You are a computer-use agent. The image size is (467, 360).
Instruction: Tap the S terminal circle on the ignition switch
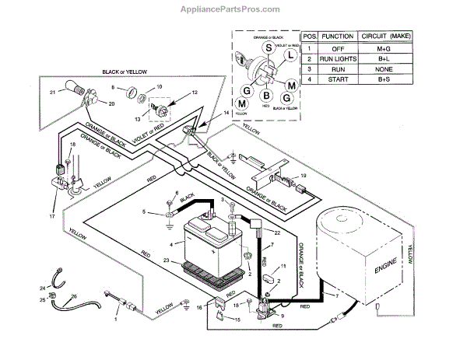[x=269, y=48]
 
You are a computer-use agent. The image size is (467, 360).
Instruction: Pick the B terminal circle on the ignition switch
[x=266, y=96]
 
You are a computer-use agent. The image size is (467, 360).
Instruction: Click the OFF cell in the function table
[x=337, y=48]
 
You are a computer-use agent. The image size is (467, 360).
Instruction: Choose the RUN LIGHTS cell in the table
[x=338, y=59]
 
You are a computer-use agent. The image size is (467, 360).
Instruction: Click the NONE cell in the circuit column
[x=384, y=70]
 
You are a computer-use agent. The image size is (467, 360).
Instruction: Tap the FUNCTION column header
[x=338, y=37]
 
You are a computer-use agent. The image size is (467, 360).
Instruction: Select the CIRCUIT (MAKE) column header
[x=384, y=37]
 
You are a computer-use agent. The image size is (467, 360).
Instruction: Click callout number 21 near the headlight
[x=53, y=93]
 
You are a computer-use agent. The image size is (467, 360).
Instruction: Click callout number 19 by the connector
[x=303, y=177]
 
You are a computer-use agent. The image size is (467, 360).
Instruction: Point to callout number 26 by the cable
[x=75, y=296]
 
